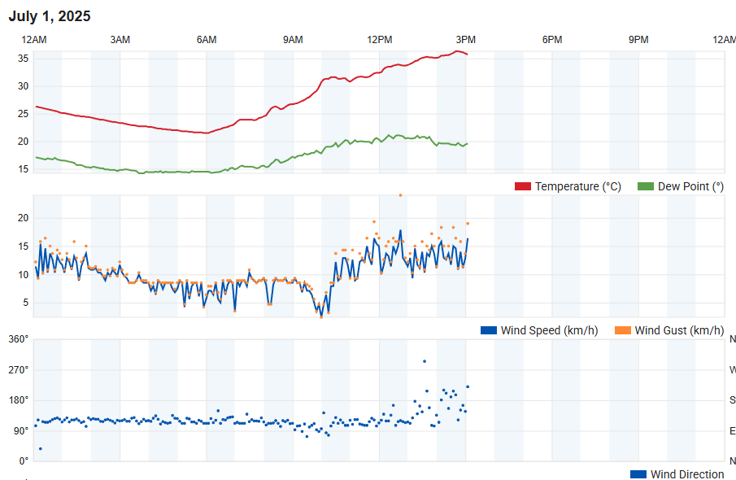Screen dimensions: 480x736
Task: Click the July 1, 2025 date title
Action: point(50,16)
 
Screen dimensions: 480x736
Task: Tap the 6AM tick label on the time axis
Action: point(207,40)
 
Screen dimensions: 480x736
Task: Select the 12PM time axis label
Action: point(380,40)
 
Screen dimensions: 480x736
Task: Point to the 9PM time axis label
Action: point(639,40)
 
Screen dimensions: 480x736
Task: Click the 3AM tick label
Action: point(120,40)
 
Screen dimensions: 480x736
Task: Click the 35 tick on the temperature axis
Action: point(24,59)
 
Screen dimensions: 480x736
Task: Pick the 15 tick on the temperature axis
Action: point(24,169)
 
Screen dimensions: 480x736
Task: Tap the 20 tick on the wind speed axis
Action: point(24,218)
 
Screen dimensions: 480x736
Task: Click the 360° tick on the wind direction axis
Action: point(19,339)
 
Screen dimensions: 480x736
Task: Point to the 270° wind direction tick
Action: point(19,369)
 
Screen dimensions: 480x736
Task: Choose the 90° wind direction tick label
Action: point(21,430)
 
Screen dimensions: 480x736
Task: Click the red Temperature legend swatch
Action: point(523,186)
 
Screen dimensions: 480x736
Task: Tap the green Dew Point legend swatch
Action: point(646,186)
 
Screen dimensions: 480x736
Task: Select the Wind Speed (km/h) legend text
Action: point(549,330)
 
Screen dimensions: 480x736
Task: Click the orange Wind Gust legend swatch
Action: point(622,330)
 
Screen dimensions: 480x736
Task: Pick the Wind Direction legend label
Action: point(687,474)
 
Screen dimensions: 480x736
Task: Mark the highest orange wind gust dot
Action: point(400,195)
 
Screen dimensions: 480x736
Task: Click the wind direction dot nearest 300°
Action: point(424,361)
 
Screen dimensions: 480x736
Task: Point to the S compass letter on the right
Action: point(732,400)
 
